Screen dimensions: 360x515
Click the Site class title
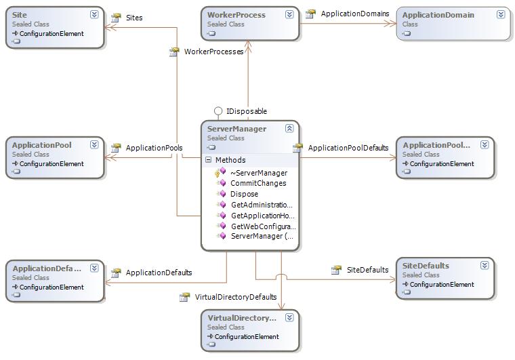20,15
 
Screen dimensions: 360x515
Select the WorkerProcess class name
236,15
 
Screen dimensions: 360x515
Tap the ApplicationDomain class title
438,15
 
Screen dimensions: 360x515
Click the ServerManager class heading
236,129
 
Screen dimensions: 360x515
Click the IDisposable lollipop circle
218,111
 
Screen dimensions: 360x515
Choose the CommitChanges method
258,183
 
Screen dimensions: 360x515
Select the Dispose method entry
244,194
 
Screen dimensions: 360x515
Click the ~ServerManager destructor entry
258,173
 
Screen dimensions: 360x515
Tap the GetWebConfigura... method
263,226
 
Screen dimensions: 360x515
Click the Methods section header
230,161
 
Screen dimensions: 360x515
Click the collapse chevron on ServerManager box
289,128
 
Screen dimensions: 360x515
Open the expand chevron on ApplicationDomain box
501,14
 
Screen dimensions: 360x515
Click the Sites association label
134,18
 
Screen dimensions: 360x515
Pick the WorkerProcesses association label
213,52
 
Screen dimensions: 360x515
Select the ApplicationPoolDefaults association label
348,148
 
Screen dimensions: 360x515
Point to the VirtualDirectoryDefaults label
236,297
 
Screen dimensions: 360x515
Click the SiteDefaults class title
426,266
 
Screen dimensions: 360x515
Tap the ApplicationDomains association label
354,14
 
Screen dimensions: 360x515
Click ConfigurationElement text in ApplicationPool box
52,163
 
